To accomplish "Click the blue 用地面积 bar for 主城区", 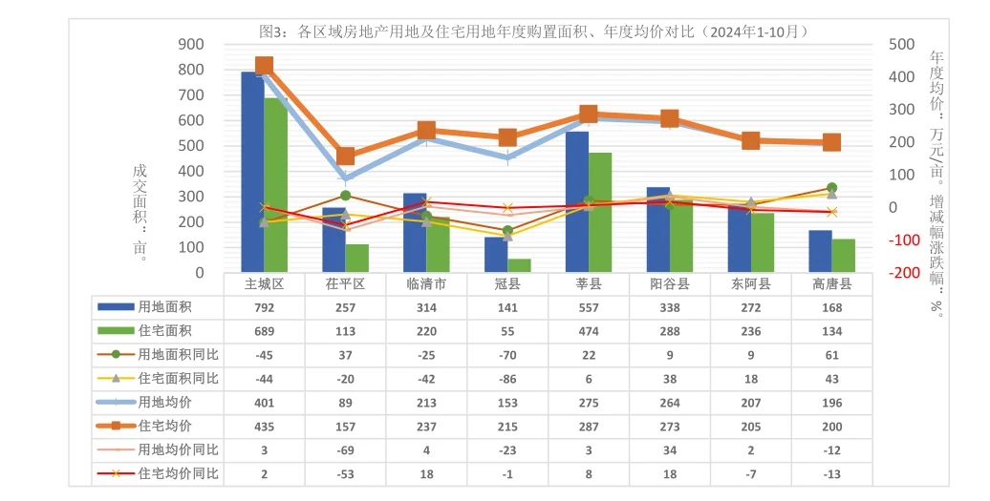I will coord(252,172).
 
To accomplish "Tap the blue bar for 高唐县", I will coord(820,251).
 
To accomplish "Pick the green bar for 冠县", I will coord(519,265).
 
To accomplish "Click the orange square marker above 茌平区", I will coord(346,157).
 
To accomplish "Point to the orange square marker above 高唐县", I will coord(831,143).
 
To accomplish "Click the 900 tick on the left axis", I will coord(191,44).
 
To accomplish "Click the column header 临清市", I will coord(427,284).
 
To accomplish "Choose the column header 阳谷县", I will coord(670,284).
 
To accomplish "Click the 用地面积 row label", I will coord(165,307).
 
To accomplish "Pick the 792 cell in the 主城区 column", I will coord(265,307).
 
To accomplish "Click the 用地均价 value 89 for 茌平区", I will coord(346,403).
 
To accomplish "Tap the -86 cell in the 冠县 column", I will coord(508,379).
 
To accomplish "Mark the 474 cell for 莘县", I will coord(590,331).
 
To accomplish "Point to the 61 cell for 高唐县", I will coord(832,355).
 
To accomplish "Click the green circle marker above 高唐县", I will coord(831,188).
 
